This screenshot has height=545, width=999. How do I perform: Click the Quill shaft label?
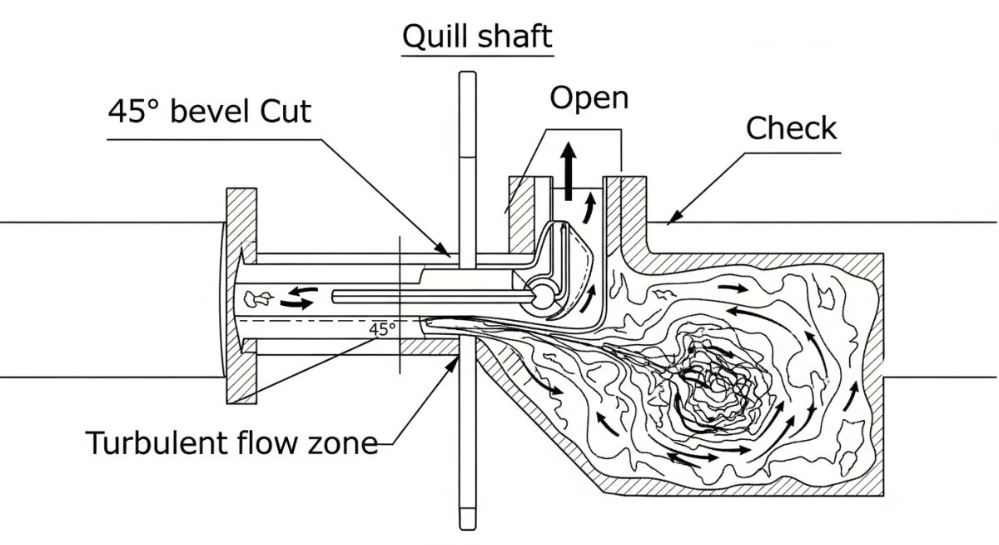coord(477,36)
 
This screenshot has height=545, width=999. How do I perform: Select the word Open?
coord(589,97)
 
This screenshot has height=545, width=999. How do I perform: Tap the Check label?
coord(790,128)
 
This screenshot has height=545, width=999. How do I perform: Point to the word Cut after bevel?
coord(283,110)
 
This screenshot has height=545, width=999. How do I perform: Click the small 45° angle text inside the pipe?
coord(382,328)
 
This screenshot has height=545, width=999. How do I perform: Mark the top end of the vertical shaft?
coord(467,77)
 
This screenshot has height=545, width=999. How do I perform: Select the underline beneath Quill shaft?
coord(477,55)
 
